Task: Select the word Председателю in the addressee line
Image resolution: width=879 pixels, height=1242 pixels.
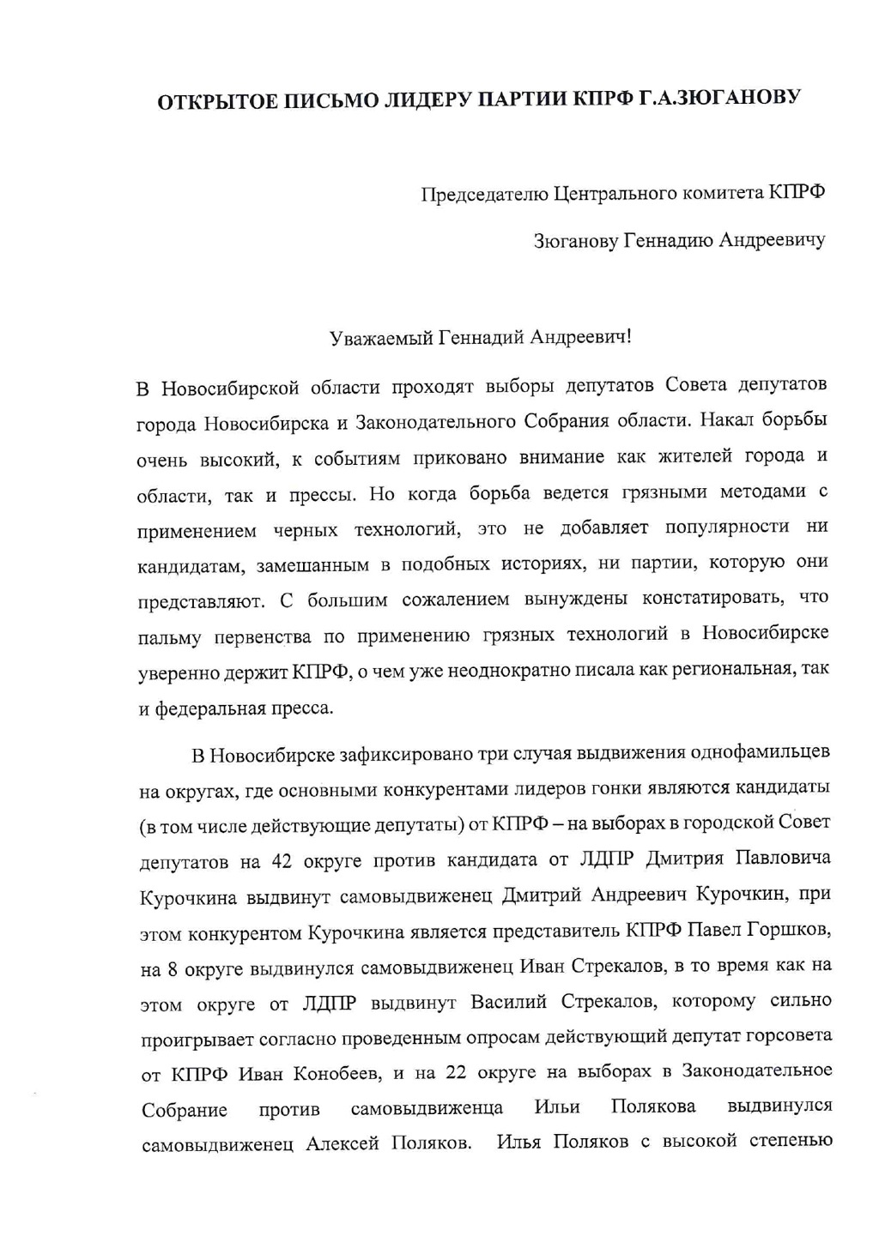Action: pos(485,195)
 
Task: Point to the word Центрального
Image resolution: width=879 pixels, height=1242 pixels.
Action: pos(615,193)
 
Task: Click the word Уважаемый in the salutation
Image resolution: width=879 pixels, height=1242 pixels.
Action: pos(382,337)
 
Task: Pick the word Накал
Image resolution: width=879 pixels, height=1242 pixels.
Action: pos(728,420)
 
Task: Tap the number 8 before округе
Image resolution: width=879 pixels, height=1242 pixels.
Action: pos(173,970)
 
